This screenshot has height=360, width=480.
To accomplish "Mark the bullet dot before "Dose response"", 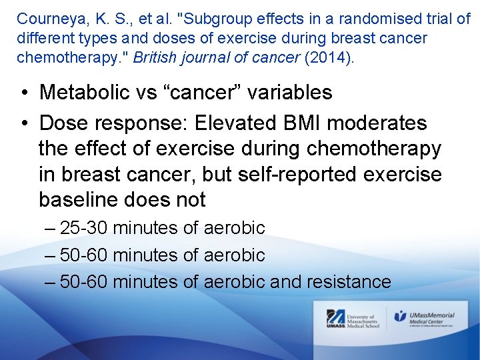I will pos(23,124).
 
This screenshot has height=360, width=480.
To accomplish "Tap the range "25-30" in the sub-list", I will pos(84,228).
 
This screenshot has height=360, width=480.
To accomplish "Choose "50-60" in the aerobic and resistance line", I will pos(84,282).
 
